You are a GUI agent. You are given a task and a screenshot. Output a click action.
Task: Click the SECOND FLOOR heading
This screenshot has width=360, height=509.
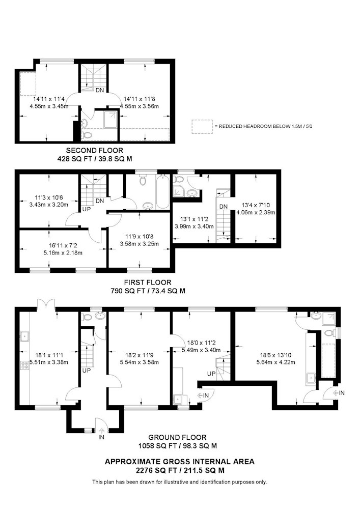95,151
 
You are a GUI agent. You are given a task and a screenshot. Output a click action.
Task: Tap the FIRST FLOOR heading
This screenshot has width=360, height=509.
148,282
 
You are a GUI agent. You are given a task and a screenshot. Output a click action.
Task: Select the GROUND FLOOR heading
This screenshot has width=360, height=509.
177,438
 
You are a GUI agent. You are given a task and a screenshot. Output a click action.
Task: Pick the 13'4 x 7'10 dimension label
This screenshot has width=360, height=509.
256,205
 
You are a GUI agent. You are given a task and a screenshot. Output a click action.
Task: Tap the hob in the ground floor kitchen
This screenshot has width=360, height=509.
24,365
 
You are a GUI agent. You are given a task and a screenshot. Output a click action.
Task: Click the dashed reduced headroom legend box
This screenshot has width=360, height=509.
202,127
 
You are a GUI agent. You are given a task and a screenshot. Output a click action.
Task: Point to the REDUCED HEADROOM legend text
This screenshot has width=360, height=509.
263,126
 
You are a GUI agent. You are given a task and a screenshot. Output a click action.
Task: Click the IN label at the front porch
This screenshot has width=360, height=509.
101,438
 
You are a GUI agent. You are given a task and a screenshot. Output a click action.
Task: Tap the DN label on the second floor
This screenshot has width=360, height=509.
100,90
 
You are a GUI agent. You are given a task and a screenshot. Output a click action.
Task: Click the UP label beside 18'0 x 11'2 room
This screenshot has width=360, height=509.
211,374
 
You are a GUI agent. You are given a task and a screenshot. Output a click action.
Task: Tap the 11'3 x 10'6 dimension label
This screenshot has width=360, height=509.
49,197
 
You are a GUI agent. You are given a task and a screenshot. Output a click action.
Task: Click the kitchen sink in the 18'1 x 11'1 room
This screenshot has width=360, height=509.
24,336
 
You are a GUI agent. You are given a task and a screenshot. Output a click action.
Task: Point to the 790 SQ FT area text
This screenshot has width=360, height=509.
148,291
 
